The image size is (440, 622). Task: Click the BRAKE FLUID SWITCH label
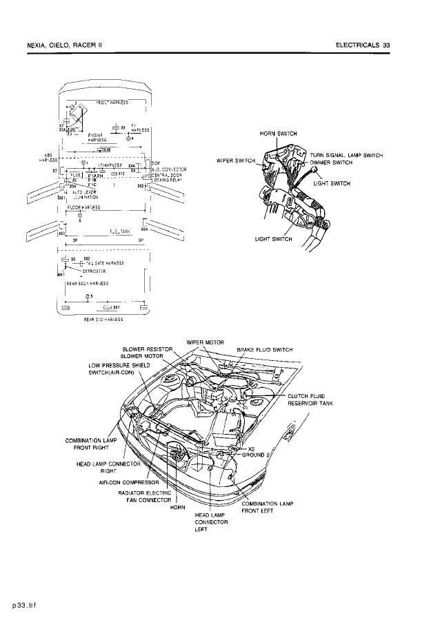(x=265, y=350)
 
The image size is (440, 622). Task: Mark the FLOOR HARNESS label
(x=82, y=207)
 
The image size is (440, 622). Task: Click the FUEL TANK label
(x=120, y=231)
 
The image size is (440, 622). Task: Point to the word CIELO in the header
(x=65, y=45)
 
